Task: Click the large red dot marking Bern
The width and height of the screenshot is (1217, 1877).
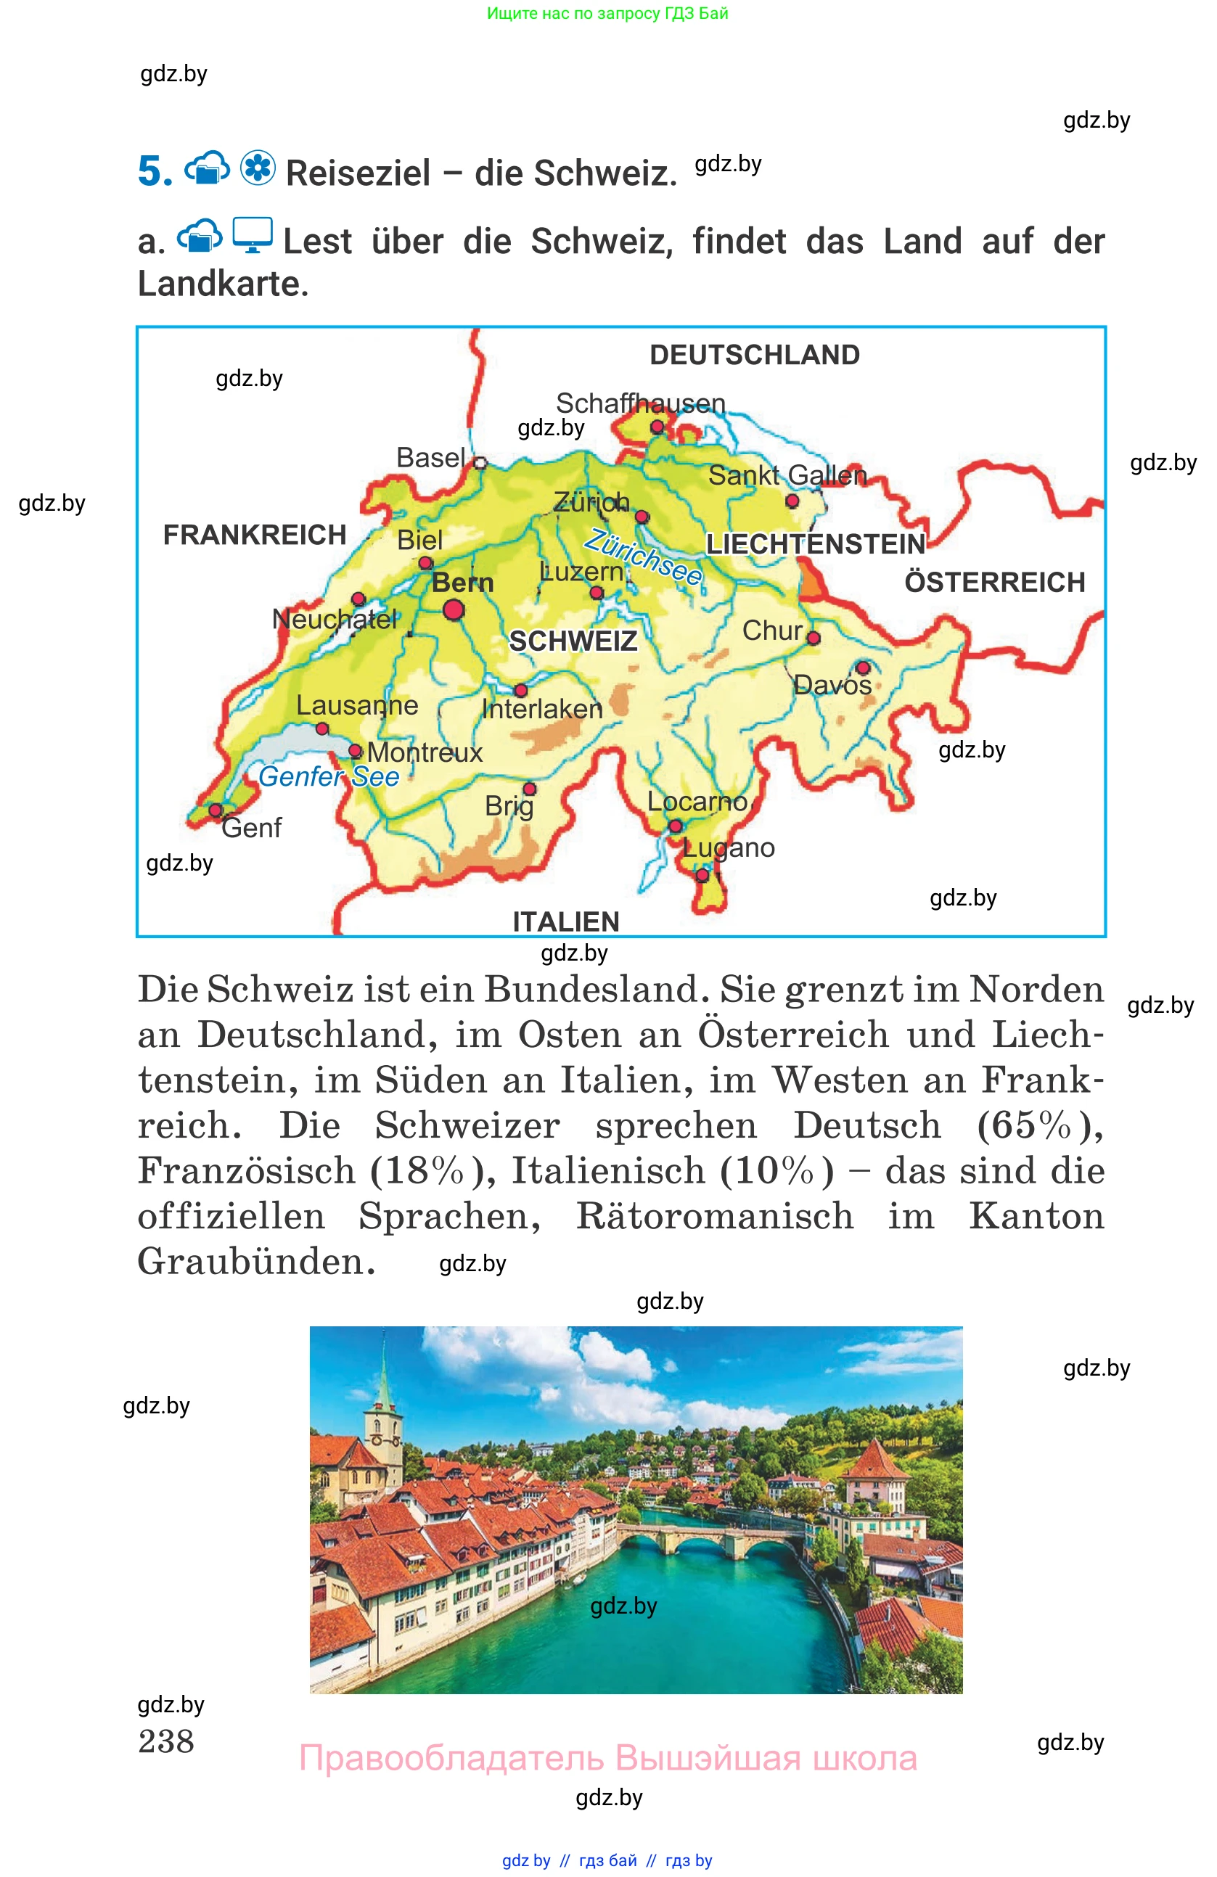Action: pyautogui.click(x=454, y=609)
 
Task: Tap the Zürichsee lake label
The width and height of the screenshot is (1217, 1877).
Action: pyautogui.click(x=643, y=557)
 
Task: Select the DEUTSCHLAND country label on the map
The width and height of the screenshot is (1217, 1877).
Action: pyautogui.click(x=754, y=355)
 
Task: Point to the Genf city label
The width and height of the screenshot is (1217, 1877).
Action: pyautogui.click(x=251, y=827)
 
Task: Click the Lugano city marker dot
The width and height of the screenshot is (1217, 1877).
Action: pyautogui.click(x=702, y=874)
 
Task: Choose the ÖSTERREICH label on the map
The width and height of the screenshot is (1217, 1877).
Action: pyautogui.click(x=995, y=582)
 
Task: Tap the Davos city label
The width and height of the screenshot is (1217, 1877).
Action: pyautogui.click(x=832, y=684)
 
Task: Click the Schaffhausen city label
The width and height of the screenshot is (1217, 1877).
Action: pyautogui.click(x=641, y=403)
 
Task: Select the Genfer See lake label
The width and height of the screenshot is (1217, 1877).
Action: pyautogui.click(x=329, y=776)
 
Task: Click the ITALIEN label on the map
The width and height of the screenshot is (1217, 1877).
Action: pyautogui.click(x=565, y=921)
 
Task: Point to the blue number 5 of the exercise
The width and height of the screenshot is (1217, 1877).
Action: pyautogui.click(x=155, y=171)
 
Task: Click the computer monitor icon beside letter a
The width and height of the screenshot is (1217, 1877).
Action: pyautogui.click(x=253, y=235)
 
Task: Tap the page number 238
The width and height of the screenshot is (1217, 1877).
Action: pyautogui.click(x=165, y=1741)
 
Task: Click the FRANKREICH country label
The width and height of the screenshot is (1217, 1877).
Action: pyautogui.click(x=254, y=535)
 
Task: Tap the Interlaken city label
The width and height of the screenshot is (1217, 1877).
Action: pyautogui.click(x=542, y=708)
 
